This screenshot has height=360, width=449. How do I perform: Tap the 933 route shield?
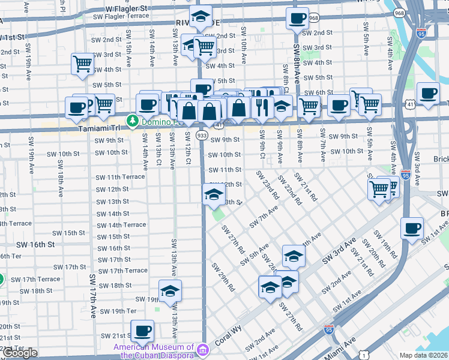[x=202, y=136]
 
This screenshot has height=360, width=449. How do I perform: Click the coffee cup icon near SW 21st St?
[x=142, y=330]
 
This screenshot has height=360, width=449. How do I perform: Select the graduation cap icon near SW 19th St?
[x=170, y=290]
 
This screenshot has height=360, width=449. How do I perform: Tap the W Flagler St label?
[x=126, y=9]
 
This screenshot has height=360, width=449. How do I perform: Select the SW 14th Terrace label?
[x=121, y=225]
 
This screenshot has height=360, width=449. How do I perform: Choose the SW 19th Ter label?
[x=118, y=311]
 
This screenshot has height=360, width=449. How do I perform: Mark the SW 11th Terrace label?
[x=120, y=177]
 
